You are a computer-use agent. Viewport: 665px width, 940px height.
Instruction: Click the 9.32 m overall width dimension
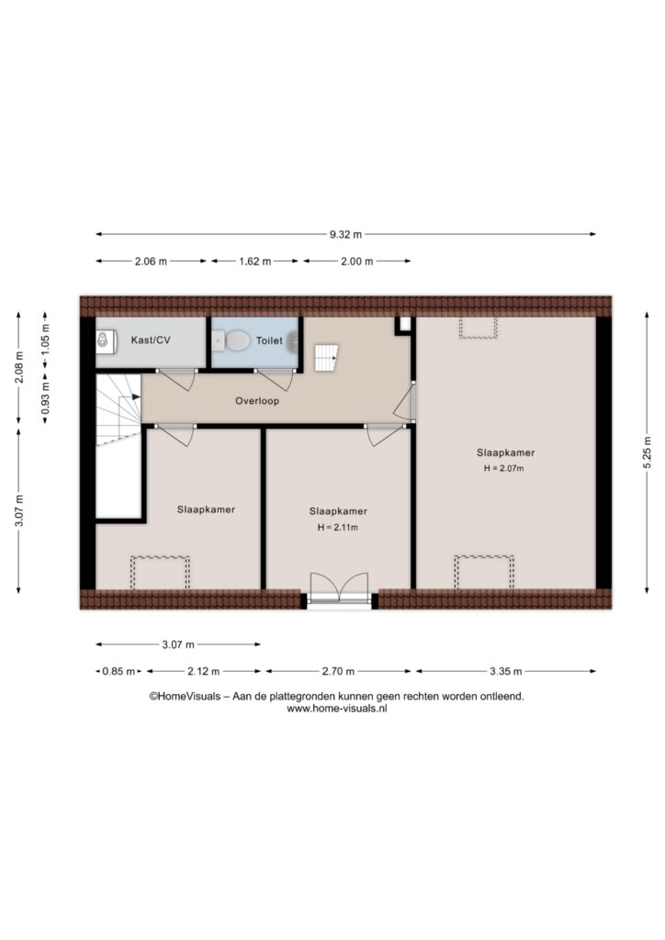click(345, 234)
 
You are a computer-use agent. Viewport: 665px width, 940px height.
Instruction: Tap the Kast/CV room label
click(151, 340)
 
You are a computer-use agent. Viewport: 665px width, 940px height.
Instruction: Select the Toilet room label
click(269, 341)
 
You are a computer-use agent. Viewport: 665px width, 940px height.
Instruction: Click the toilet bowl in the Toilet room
click(235, 341)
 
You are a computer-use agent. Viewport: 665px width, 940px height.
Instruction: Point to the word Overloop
click(257, 401)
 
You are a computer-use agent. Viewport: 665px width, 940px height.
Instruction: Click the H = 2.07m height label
click(503, 468)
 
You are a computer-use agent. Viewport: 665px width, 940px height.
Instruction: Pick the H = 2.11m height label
click(338, 528)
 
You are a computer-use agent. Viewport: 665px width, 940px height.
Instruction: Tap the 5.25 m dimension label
click(647, 453)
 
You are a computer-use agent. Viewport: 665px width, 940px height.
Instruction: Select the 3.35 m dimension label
click(505, 671)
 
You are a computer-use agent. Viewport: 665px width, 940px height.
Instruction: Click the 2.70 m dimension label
click(338, 671)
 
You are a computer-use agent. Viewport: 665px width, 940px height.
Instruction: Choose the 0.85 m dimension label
click(118, 671)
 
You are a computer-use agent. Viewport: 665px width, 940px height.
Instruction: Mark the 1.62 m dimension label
click(254, 262)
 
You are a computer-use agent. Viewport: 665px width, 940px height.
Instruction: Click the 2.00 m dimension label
click(356, 262)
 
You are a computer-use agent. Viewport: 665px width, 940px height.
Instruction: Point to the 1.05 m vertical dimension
click(46, 340)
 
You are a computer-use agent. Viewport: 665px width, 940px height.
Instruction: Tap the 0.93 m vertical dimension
click(46, 398)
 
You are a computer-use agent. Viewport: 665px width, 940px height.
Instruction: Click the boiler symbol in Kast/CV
click(103, 340)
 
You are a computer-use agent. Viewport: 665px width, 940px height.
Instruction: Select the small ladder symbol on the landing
click(326, 358)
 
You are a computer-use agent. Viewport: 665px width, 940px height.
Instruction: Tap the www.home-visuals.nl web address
click(336, 709)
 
